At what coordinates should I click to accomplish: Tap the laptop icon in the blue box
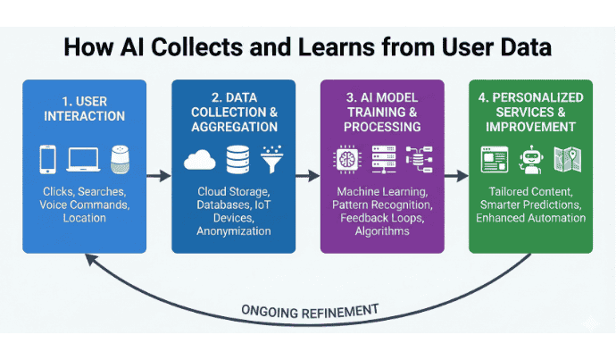(x=83, y=160)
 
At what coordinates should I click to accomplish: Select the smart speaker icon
(x=119, y=158)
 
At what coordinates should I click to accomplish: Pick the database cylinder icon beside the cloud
(x=235, y=159)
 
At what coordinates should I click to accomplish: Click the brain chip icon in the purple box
(x=345, y=159)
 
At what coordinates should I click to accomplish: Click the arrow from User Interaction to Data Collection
(x=158, y=177)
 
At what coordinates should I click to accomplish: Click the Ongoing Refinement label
(x=309, y=310)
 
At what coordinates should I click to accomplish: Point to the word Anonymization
(x=234, y=231)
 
